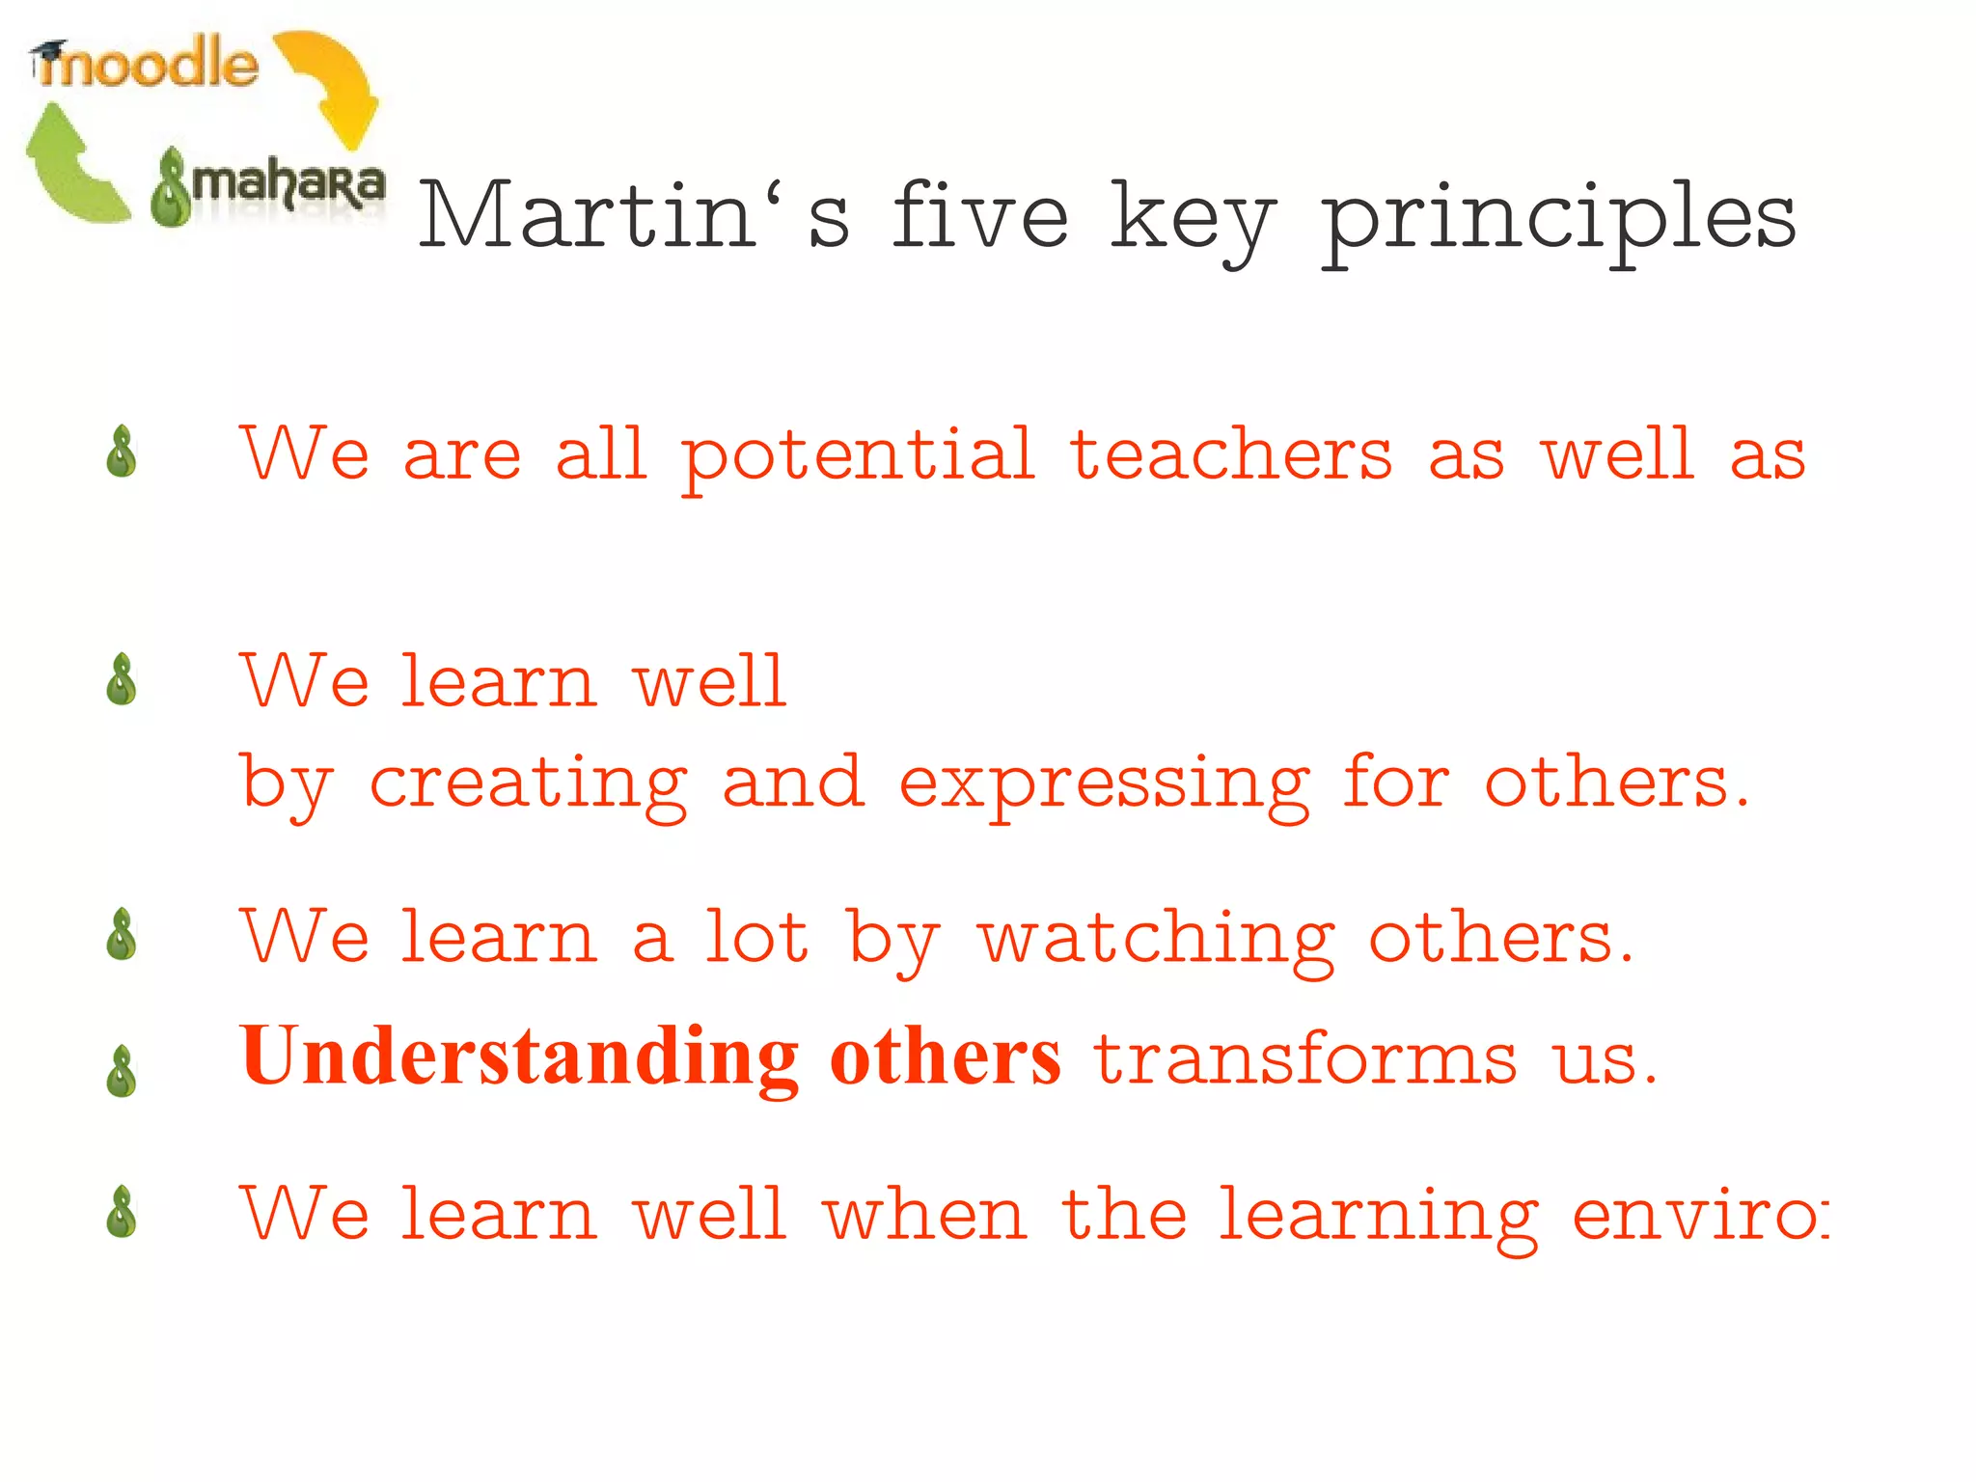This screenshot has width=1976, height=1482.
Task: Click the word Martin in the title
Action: (x=589, y=216)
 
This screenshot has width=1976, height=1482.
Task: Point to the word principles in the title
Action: (x=1557, y=220)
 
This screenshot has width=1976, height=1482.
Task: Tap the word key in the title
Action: (x=1194, y=220)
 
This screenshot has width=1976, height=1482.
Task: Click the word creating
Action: (x=529, y=783)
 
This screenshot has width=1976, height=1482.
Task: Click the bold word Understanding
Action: (x=519, y=1058)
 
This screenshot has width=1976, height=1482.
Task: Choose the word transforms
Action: (x=1304, y=1058)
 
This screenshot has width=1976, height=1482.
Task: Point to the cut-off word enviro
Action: (x=1700, y=1215)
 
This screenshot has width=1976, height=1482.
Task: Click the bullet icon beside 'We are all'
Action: (x=122, y=452)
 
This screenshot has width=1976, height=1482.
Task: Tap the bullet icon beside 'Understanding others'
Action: (x=122, y=1071)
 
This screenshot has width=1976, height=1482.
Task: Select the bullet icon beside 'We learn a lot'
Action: (x=122, y=935)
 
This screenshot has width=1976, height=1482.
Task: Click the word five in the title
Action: (x=980, y=216)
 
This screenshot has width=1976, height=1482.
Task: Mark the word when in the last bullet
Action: (x=924, y=1215)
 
